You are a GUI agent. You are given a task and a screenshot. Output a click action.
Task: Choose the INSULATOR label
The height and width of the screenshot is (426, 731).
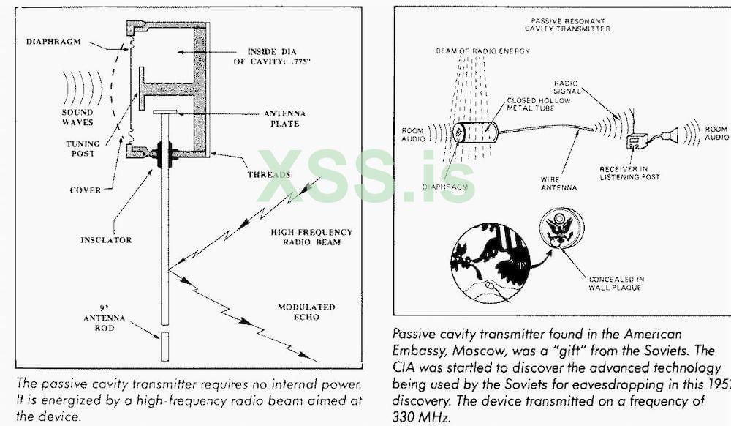click(106, 239)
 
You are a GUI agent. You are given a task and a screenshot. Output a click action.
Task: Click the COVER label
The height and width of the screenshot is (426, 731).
click(85, 190)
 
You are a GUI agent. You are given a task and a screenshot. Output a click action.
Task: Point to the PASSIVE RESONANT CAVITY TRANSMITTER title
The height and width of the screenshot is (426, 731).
click(567, 26)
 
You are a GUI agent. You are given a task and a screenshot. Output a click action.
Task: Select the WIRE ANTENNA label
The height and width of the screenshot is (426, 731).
click(559, 183)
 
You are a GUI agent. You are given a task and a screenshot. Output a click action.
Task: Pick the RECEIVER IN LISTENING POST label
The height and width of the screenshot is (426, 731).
click(629, 173)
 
